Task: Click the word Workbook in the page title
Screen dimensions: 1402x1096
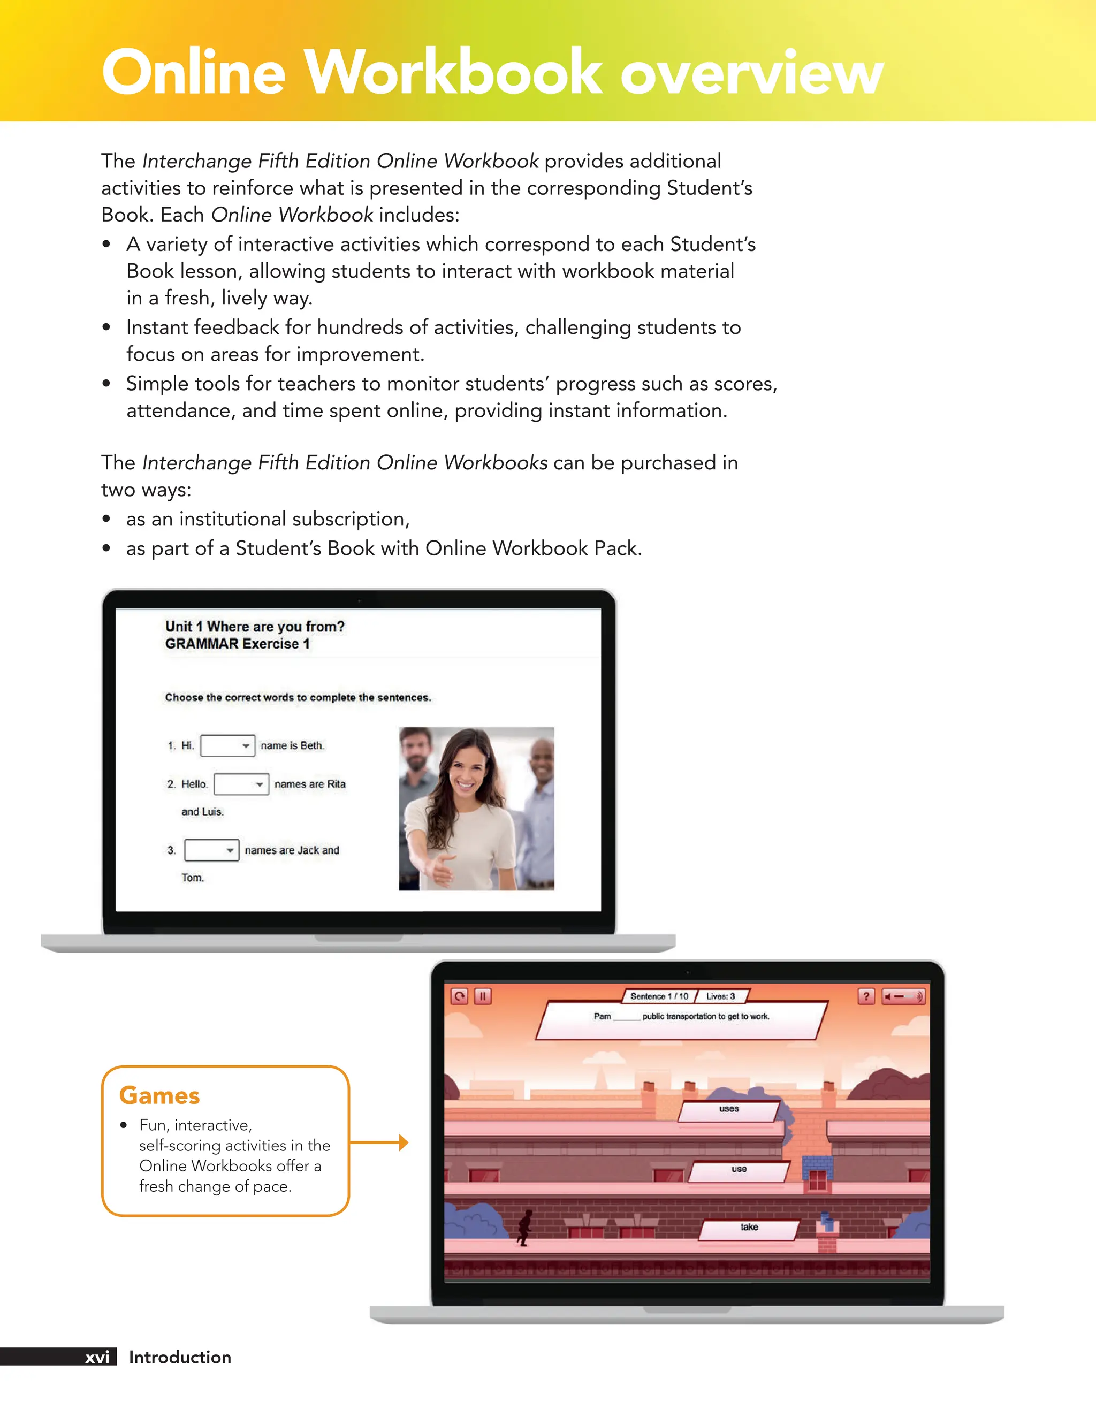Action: tap(453, 73)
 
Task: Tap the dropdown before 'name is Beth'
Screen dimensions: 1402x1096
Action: tap(227, 745)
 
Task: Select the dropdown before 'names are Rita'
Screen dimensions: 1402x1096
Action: tap(241, 784)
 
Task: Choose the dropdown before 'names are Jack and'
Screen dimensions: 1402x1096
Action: tap(211, 850)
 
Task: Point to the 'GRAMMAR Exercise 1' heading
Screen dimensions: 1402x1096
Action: tap(237, 644)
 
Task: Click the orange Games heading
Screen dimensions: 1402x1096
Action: tap(159, 1095)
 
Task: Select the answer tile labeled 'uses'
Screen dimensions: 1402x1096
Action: tap(729, 1110)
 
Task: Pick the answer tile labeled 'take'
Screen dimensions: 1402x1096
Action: tap(749, 1228)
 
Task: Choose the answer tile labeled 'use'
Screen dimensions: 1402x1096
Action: tap(739, 1170)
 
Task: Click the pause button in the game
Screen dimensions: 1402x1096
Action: tap(482, 996)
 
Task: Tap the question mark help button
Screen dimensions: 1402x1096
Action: tap(865, 996)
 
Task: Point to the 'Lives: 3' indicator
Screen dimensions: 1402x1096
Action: tap(720, 996)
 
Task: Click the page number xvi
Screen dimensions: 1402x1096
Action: tap(97, 1357)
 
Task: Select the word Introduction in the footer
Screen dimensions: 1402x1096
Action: tap(180, 1357)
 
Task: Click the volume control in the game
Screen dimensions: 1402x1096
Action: tap(903, 996)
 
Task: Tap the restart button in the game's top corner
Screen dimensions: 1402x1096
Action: tap(459, 996)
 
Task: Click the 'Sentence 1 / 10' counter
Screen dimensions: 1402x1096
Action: tap(659, 996)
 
